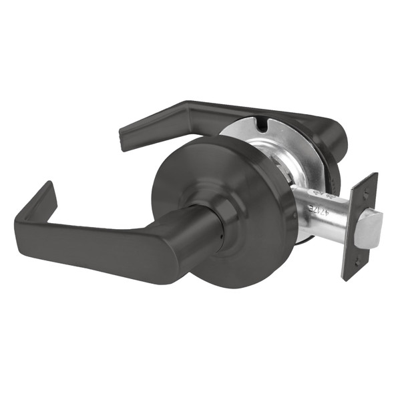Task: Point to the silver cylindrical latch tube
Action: coord(321,210)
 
